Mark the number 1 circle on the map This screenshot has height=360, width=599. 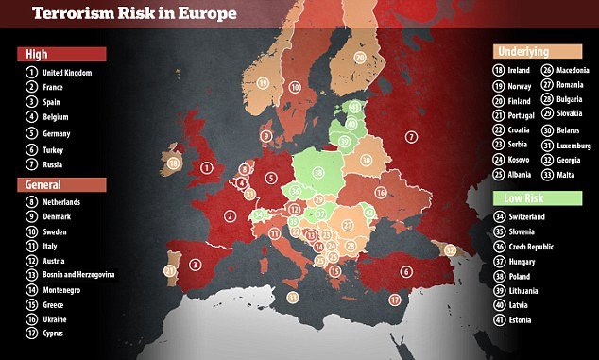click(x=206, y=168)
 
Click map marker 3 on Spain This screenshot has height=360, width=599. click(x=195, y=266)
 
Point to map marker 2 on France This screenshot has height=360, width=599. click(x=230, y=215)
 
